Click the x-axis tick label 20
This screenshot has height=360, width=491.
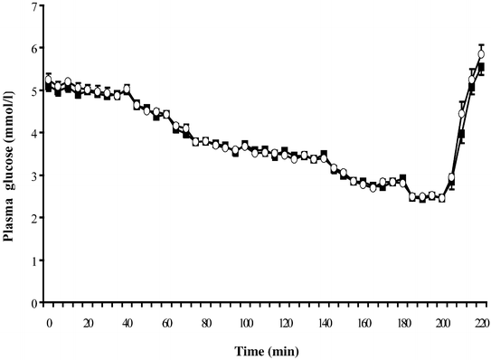click(88, 321)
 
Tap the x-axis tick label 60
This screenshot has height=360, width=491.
click(166, 321)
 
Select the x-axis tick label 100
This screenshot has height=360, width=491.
click(245, 321)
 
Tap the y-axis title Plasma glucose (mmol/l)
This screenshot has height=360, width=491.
click(10, 154)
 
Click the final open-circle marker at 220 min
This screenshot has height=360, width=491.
click(481, 54)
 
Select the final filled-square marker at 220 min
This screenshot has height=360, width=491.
click(481, 67)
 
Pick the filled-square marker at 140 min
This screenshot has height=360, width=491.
click(324, 154)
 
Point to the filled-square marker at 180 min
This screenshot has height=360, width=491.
click(402, 178)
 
